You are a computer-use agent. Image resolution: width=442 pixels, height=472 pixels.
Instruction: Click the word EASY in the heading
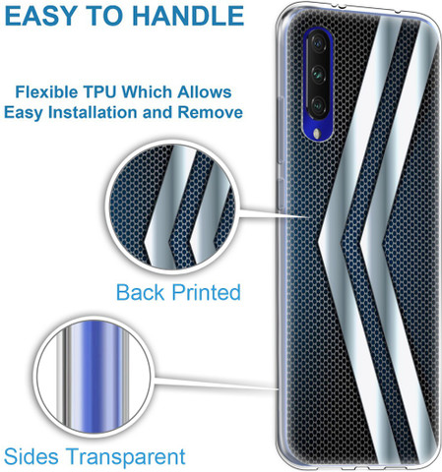pos(39,16)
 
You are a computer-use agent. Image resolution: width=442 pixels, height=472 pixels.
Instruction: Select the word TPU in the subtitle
pos(99,92)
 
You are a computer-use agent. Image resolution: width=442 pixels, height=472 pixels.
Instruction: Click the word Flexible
pos(46,92)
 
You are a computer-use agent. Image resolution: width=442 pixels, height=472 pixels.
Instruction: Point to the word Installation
pos(93,112)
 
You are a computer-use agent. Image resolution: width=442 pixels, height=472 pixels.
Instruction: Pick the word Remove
pos(210,112)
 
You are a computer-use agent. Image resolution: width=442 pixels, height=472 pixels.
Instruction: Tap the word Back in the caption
pos(140,292)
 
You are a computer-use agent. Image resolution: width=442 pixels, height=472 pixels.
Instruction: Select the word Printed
pos(207,292)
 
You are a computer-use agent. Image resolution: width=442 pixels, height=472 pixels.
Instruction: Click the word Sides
pos(32,456)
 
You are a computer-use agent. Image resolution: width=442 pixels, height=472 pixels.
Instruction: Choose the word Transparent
pos(125,457)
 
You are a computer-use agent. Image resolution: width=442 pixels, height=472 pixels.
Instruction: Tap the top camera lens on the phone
pos(318,43)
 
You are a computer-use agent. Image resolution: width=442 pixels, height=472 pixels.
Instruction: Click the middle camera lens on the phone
pos(318,74)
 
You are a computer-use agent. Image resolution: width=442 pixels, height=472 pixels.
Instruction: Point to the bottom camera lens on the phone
pos(318,104)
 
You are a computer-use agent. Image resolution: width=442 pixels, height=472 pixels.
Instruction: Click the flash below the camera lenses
pos(316,134)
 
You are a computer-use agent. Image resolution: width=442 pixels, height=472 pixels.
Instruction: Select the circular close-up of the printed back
pos(172,207)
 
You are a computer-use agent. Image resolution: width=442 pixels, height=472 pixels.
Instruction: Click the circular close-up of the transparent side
pos(94,378)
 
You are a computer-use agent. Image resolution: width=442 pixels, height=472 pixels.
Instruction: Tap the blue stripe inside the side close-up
pos(96,377)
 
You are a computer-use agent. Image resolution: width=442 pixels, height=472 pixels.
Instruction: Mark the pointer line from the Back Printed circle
pos(273,212)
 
